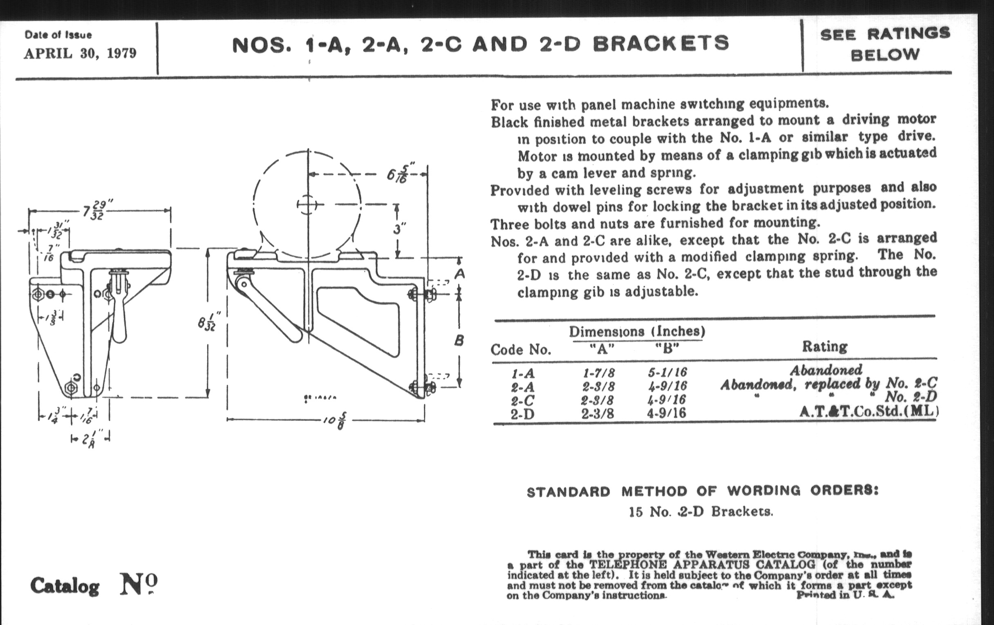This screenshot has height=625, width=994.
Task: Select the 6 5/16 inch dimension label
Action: click(x=401, y=174)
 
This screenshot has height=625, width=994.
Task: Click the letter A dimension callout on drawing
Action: click(x=459, y=274)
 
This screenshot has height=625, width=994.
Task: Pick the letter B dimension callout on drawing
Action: click(x=459, y=341)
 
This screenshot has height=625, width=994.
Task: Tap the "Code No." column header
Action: click(x=521, y=350)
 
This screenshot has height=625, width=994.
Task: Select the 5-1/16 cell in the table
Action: click(x=667, y=373)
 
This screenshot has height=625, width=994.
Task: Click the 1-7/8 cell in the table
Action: click(x=598, y=373)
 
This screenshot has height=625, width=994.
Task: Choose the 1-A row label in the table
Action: click(x=523, y=374)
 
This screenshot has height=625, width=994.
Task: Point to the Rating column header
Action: click(x=824, y=346)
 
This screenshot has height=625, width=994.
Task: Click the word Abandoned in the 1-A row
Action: click(x=826, y=370)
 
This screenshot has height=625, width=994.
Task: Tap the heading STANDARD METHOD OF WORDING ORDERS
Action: click(x=703, y=491)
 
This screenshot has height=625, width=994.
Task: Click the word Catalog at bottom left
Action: click(x=65, y=586)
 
